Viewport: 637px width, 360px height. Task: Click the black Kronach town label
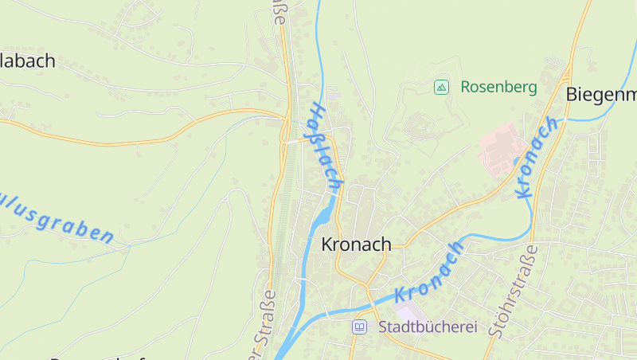(x=356, y=245)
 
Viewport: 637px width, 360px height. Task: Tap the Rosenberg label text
(x=498, y=87)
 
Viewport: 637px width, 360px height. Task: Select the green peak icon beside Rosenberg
(x=441, y=87)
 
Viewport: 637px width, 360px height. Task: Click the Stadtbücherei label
(x=427, y=327)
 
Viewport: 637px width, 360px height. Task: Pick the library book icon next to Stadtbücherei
(x=360, y=327)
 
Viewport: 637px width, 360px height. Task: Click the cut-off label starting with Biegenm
(x=601, y=94)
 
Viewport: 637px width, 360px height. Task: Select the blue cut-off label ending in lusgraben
(x=56, y=215)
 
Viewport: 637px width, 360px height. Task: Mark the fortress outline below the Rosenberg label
(x=420, y=127)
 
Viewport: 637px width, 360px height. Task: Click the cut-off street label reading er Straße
(x=264, y=327)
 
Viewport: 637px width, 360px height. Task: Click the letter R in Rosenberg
(x=466, y=87)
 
